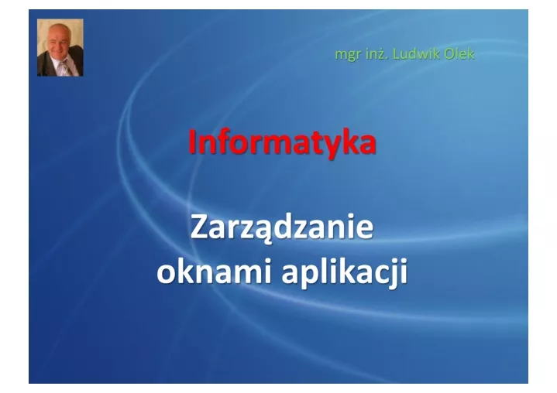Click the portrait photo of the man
60,47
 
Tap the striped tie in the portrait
65,67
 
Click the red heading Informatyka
282,142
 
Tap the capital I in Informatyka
192,141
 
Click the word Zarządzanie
282,227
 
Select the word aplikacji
345,273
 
